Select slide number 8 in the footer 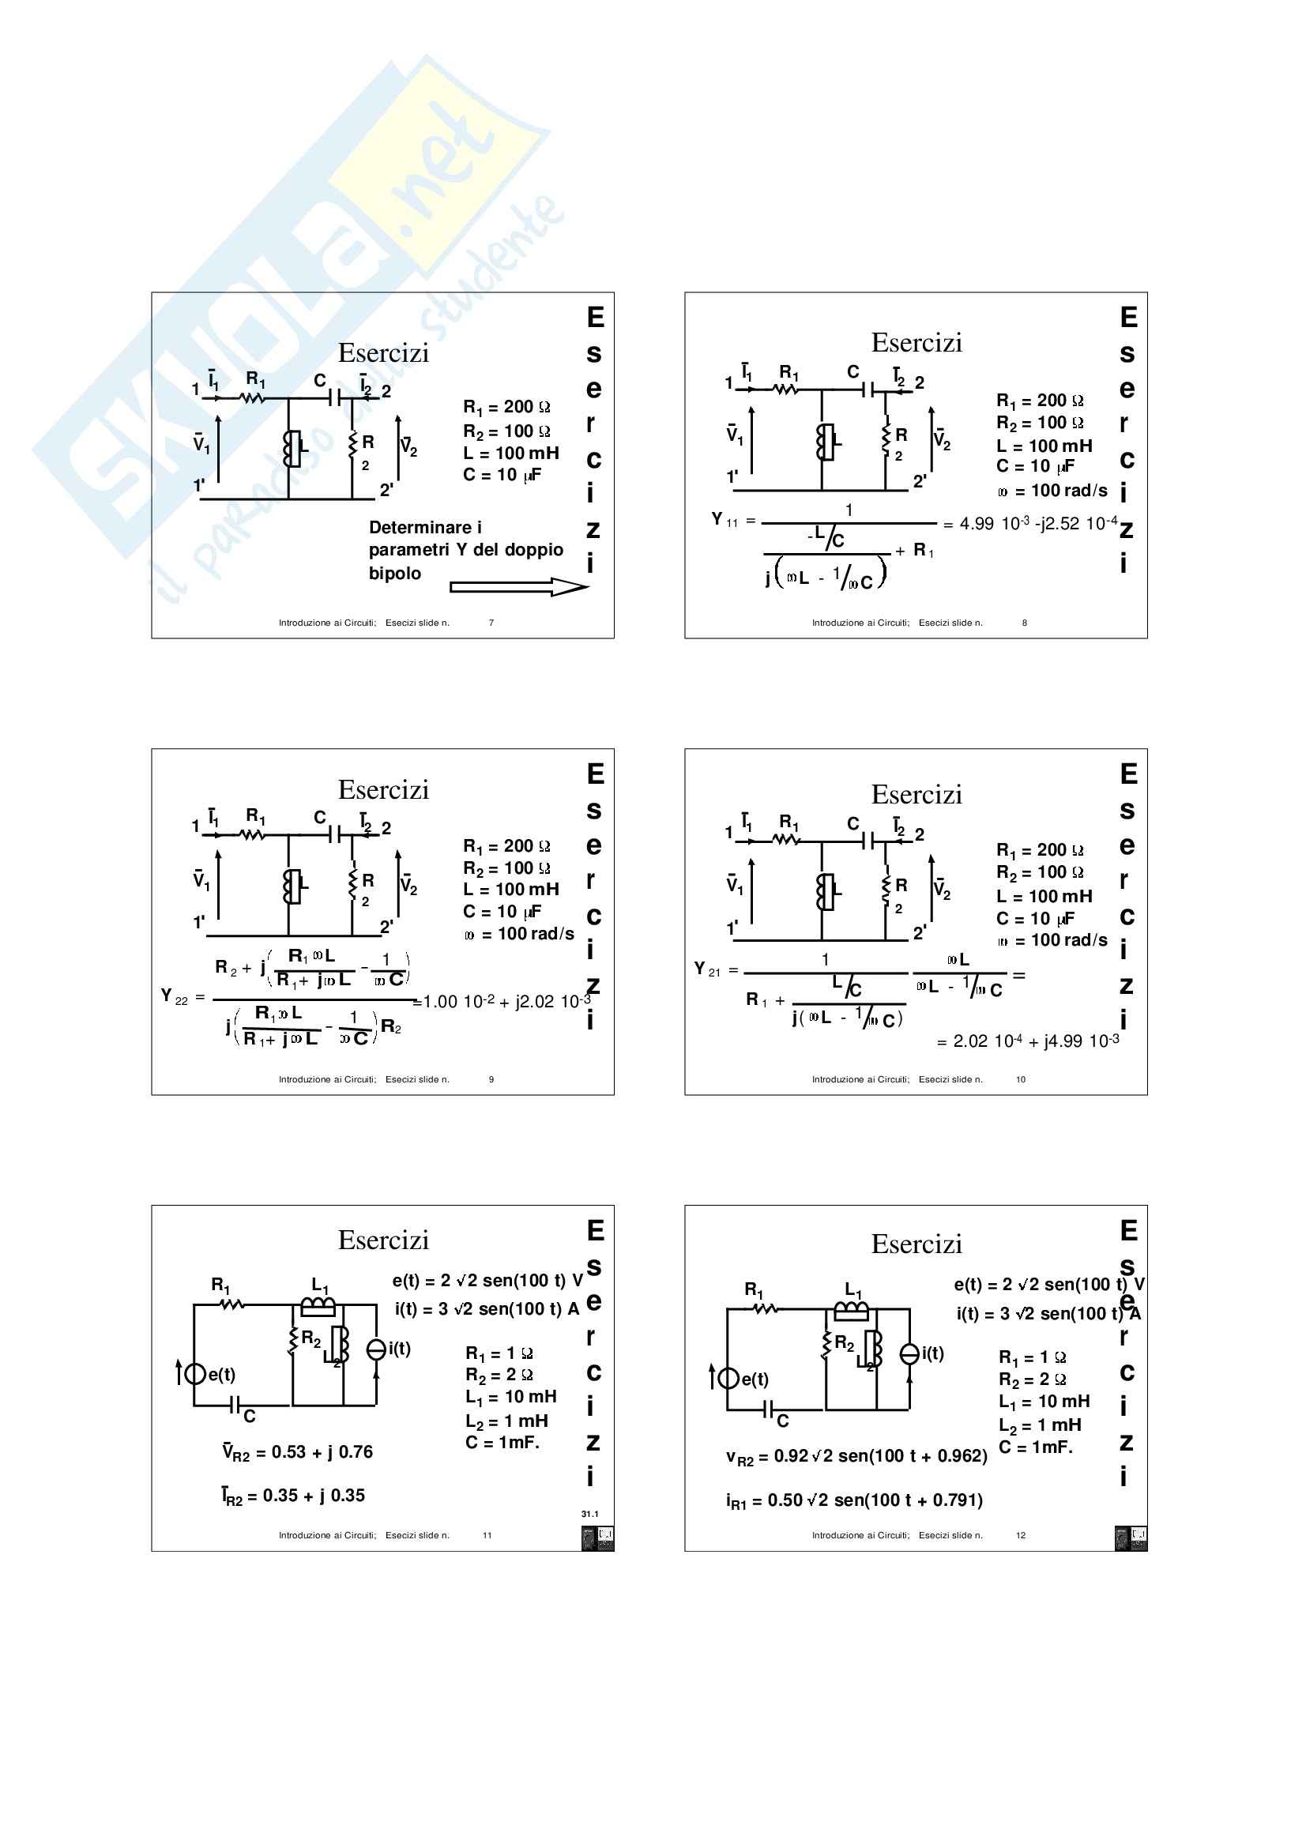1024,622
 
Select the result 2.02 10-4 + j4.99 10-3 1028,1041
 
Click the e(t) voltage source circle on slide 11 194,1373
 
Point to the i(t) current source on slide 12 909,1355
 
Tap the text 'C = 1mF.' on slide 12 1036,1447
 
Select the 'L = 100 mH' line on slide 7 510,454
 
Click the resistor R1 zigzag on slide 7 253,397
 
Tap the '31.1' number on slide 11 590,1514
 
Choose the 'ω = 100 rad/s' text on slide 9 519,934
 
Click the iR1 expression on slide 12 854,1500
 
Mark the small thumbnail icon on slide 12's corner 1131,1537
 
